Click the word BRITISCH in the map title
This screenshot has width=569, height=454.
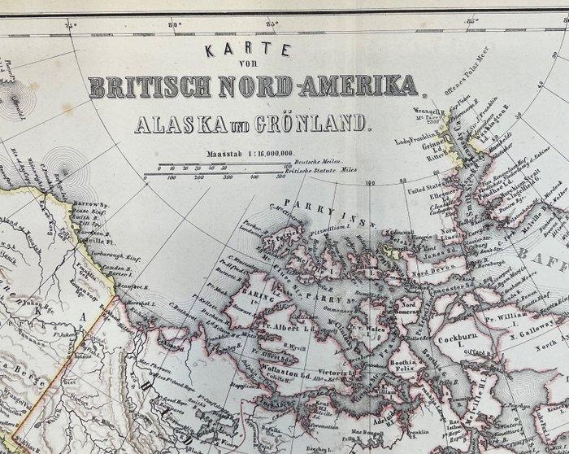click(x=154, y=86)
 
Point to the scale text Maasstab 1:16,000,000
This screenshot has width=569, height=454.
click(x=242, y=153)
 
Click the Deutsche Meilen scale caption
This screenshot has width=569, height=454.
click(x=313, y=162)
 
